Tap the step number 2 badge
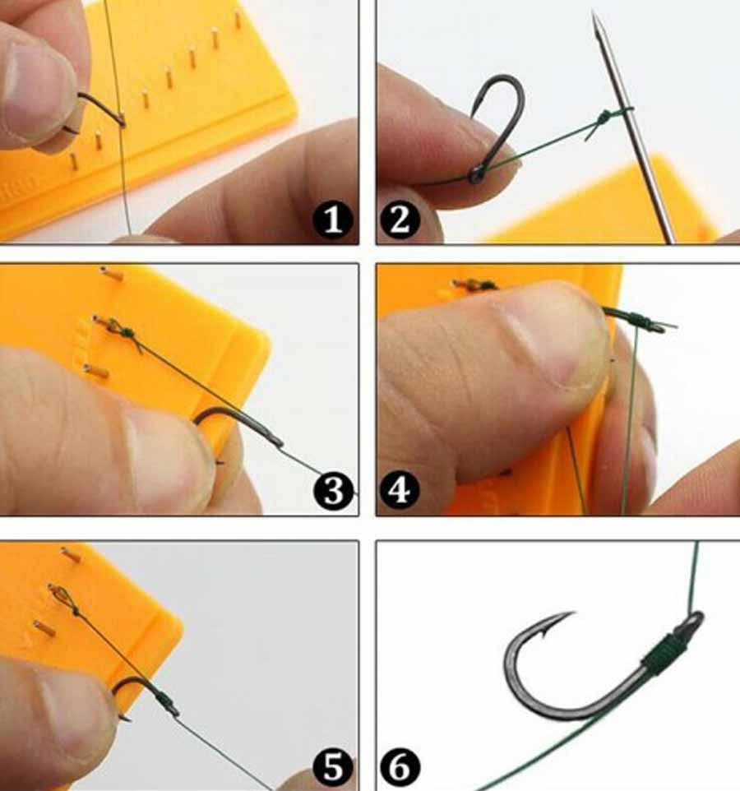tap(400, 220)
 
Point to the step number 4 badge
tap(400, 490)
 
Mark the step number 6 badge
tap(400, 766)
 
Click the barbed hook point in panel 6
tap(557, 622)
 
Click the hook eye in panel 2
tap(475, 176)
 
